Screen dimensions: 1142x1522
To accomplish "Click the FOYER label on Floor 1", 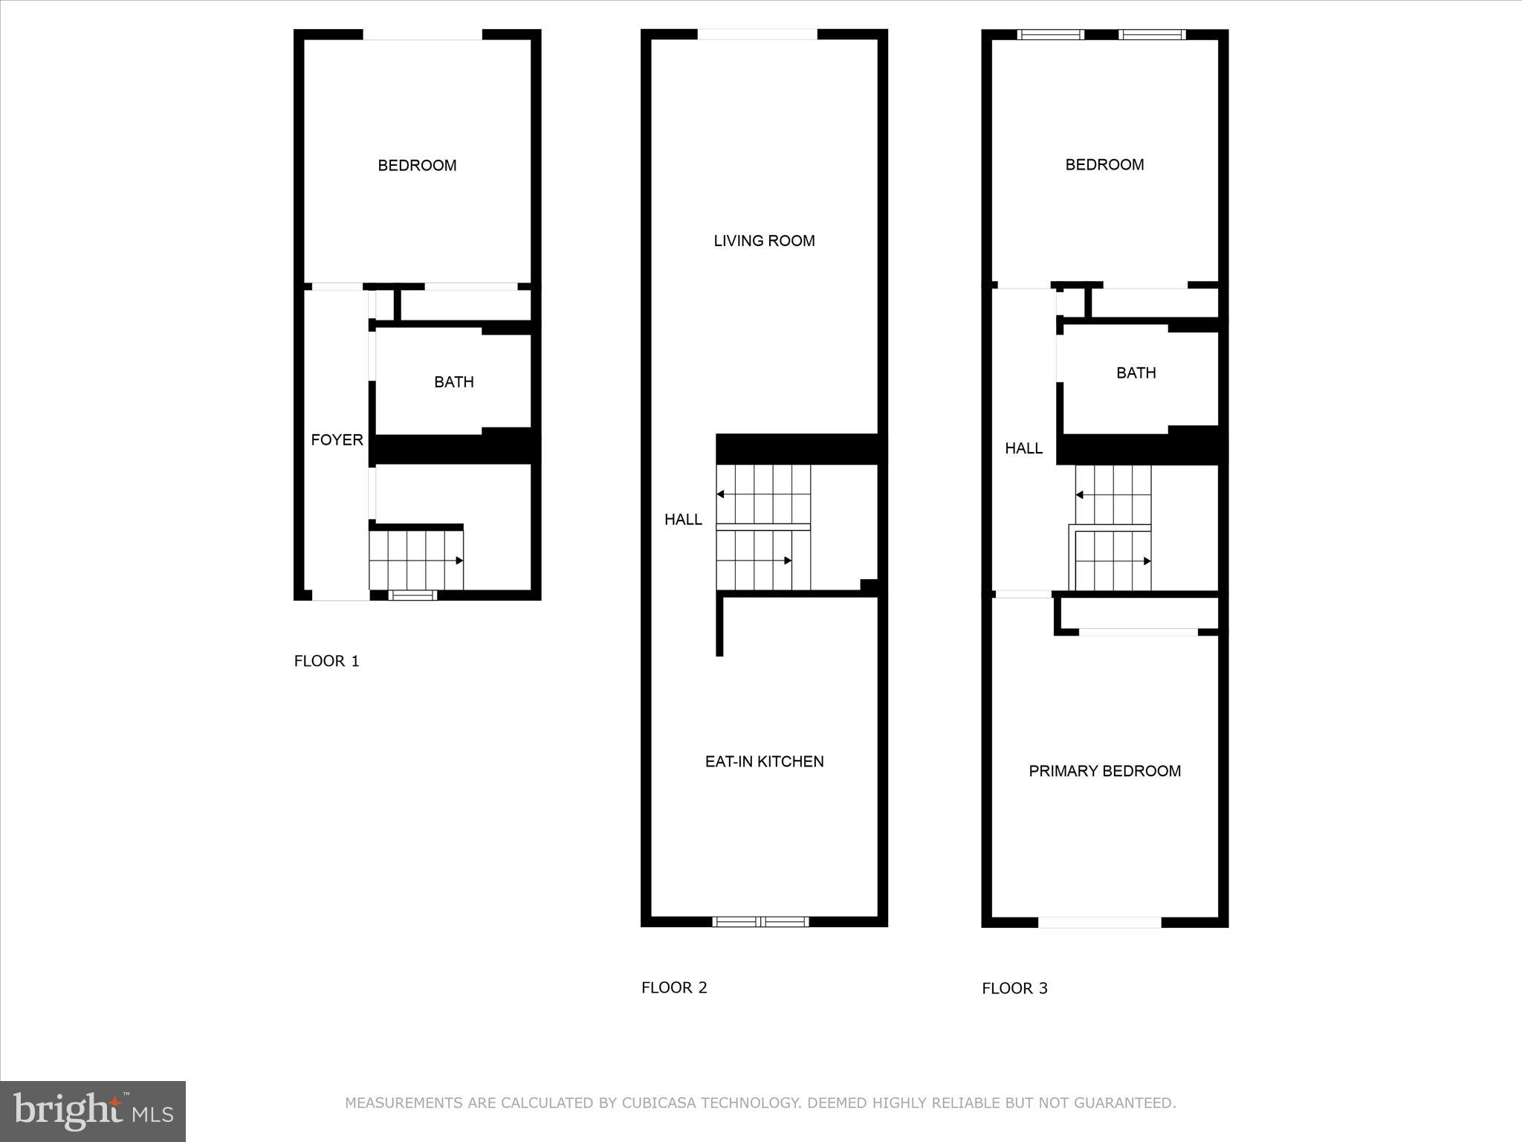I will tap(337, 440).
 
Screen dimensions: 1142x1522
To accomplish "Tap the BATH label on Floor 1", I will tap(453, 382).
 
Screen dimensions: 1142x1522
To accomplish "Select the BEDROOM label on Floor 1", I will tap(417, 166).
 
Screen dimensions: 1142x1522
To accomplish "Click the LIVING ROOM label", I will tap(764, 241).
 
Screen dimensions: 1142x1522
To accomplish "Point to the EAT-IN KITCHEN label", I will tap(764, 761).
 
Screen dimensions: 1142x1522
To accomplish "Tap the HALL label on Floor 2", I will tap(683, 520).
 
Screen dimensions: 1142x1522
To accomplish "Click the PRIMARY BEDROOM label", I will tap(1104, 771).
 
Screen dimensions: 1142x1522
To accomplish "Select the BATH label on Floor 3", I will tap(1136, 373).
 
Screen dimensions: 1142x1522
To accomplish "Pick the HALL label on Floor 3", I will tap(1023, 448).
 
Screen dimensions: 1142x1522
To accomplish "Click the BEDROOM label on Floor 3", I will tap(1104, 165).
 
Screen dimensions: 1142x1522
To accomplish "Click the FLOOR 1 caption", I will tap(326, 661).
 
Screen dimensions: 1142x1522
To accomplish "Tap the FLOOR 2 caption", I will tap(674, 987).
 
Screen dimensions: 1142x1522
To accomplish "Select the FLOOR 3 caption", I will tap(1014, 988).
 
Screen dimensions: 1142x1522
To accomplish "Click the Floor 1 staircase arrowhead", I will tap(459, 561).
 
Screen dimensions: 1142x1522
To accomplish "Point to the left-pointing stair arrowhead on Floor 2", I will tap(720, 494).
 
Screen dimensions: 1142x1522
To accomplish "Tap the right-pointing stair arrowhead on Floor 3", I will tap(1147, 561).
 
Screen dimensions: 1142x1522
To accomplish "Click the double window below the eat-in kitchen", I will tap(760, 922).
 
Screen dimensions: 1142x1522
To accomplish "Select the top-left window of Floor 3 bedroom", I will tap(1050, 34).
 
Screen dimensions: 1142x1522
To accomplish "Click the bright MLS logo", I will tap(93, 1112).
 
